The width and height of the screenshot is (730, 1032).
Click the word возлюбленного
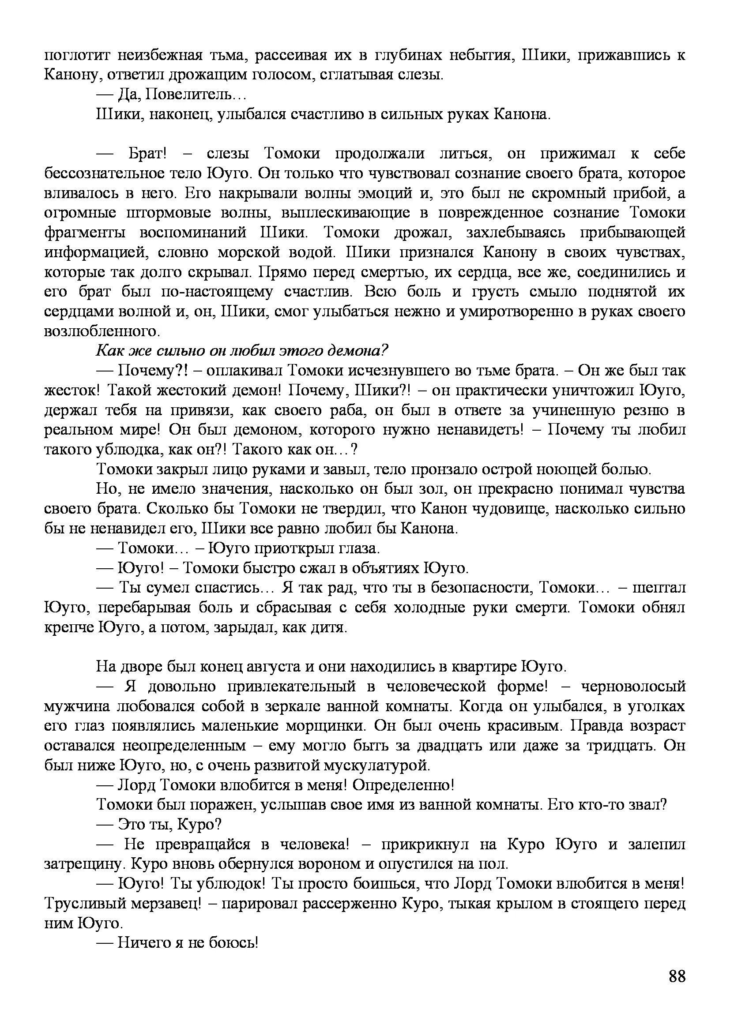101,331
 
